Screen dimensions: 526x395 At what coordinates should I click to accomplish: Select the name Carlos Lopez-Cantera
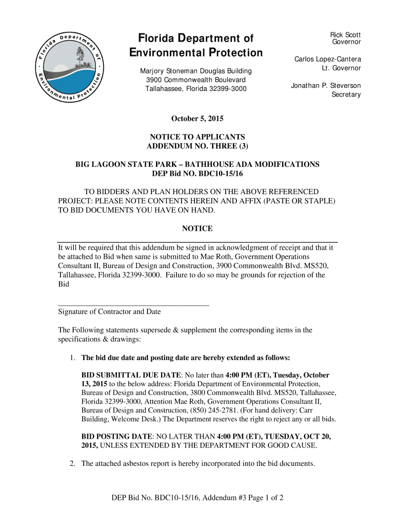(327, 60)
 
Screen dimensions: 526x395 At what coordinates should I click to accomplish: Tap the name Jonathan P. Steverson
(326, 85)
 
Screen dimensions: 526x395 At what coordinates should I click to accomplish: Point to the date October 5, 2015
(197, 119)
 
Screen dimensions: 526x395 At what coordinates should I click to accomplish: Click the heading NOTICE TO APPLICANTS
(197, 137)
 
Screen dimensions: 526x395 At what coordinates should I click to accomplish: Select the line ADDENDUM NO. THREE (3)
(197, 146)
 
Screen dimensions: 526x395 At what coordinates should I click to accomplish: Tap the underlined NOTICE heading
(197, 229)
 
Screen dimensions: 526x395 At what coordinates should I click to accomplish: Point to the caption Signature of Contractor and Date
(109, 312)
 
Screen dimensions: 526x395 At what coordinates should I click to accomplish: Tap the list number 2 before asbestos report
(73, 464)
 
